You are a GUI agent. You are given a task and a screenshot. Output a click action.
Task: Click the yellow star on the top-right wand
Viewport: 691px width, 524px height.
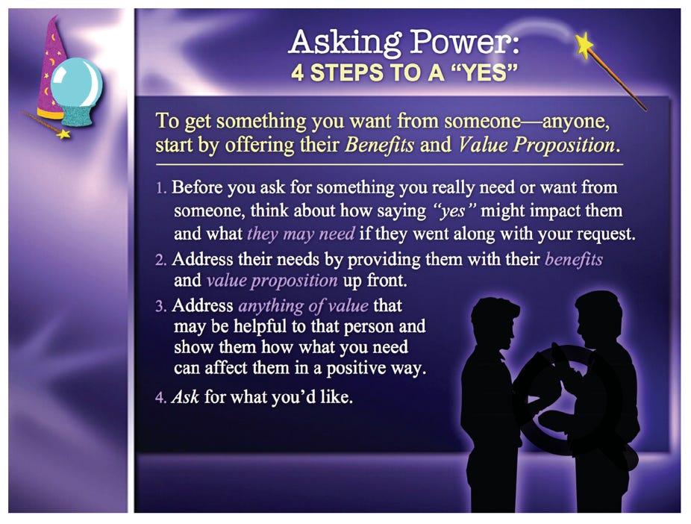click(584, 45)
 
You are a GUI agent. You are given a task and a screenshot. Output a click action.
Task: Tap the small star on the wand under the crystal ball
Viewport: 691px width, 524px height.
click(63, 134)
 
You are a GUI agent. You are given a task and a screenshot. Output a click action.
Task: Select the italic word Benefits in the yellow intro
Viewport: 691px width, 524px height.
click(379, 145)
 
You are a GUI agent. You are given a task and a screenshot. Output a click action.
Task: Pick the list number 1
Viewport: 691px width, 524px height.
click(161, 189)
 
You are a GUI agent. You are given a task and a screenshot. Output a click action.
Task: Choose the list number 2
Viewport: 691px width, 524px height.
click(161, 260)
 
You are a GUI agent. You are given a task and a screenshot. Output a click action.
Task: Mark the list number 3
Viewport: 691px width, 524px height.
click(161, 306)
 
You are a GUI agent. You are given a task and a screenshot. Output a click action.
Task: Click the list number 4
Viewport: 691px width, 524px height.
click(161, 398)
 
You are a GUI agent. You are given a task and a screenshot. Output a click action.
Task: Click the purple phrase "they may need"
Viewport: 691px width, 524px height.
click(301, 234)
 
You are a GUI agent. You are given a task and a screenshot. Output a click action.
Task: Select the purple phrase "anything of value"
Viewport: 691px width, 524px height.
click(303, 306)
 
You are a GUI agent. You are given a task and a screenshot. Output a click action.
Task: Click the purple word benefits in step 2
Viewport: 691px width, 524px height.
click(574, 259)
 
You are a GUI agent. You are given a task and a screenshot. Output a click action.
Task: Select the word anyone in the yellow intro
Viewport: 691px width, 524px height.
click(576, 122)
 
